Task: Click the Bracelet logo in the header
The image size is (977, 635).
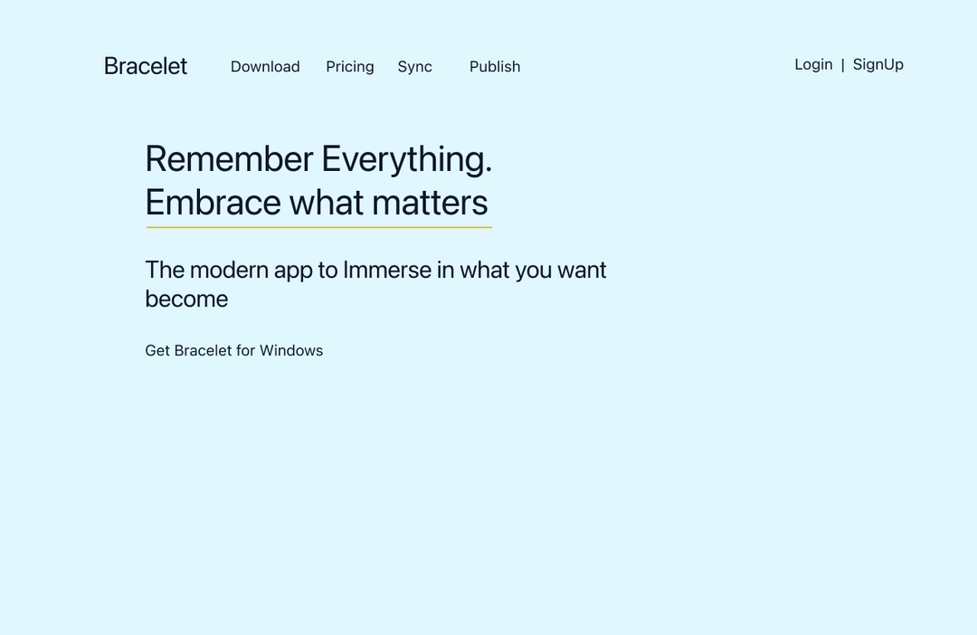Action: [x=145, y=66]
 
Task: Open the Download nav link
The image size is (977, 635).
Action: [x=265, y=67]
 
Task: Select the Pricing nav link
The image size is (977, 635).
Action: [x=349, y=67]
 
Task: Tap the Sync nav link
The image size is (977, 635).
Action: [x=414, y=67]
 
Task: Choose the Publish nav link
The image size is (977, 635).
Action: [x=495, y=67]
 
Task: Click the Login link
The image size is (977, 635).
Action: [x=813, y=65]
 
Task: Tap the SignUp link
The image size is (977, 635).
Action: [x=877, y=65]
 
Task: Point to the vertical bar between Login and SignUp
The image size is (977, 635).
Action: [x=842, y=65]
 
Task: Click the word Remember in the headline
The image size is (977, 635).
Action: [x=229, y=159]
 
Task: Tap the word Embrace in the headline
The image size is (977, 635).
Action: [x=213, y=203]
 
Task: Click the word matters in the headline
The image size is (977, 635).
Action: [x=430, y=204]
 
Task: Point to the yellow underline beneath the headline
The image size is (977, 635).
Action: [x=319, y=227]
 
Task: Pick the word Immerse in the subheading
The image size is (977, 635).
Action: [x=387, y=270]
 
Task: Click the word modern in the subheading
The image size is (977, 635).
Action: [x=229, y=270]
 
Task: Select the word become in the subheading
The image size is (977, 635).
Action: [x=186, y=299]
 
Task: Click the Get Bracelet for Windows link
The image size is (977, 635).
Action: [x=233, y=351]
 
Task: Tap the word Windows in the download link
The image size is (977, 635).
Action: [x=291, y=351]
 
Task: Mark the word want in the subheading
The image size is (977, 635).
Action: [x=582, y=270]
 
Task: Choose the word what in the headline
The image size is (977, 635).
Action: [x=326, y=203]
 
